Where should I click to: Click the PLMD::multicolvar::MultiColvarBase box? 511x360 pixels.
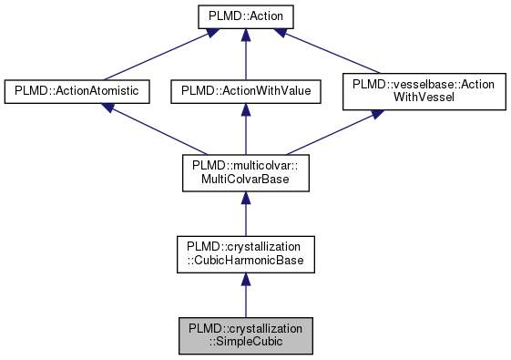point(244,172)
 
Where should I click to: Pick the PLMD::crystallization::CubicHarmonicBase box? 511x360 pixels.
point(244,254)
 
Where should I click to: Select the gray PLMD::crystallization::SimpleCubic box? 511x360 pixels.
point(244,335)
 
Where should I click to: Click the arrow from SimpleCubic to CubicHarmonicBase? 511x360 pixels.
point(244,296)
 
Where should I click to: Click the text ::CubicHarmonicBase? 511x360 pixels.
point(244,262)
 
